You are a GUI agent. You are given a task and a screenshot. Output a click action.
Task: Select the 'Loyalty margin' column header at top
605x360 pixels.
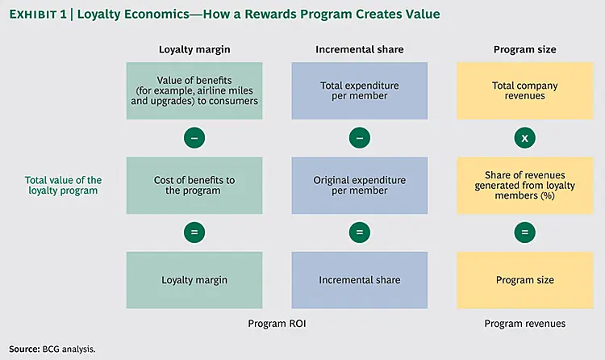click(194, 49)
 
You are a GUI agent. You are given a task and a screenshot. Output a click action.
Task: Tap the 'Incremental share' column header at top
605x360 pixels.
click(360, 49)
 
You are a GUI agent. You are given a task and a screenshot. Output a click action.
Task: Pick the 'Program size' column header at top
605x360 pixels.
click(524, 49)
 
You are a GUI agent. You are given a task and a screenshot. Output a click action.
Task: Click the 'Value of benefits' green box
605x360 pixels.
click(194, 91)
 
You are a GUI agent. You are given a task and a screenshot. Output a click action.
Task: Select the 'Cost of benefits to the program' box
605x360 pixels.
click(194, 186)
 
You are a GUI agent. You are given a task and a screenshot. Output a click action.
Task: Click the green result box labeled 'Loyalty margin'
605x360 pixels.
click(194, 280)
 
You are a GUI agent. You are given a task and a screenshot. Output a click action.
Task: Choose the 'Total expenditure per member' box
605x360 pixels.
click(360, 91)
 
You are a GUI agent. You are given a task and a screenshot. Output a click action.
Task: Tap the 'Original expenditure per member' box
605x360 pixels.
click(360, 186)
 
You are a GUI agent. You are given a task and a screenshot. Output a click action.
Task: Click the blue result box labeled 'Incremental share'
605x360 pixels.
click(360, 280)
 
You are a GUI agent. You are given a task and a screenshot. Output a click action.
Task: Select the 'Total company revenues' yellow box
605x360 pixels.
click(524, 91)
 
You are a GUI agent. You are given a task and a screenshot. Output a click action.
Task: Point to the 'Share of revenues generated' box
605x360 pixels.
click(524, 186)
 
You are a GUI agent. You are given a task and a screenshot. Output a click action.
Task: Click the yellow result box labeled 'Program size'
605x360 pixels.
click(524, 280)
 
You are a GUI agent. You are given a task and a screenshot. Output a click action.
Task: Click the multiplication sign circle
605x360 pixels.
click(524, 138)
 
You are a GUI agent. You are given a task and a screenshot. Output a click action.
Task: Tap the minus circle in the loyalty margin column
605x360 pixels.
click(194, 138)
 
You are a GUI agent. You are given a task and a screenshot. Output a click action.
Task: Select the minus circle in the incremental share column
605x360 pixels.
click(360, 138)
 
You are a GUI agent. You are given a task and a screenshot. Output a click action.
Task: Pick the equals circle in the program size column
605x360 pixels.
click(524, 232)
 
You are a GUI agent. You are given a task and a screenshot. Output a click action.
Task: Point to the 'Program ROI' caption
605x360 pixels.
click(277, 324)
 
